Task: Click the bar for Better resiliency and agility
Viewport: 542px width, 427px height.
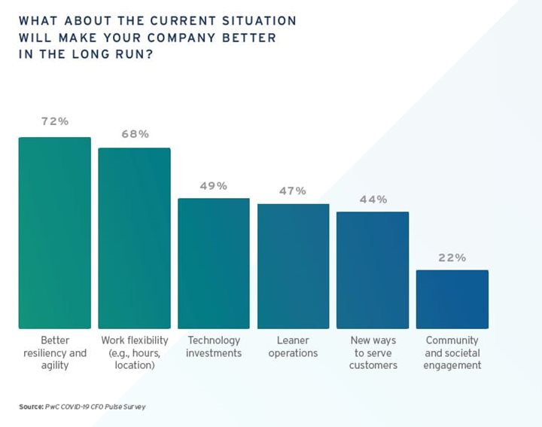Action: coord(54,233)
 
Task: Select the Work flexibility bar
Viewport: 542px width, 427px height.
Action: coord(134,238)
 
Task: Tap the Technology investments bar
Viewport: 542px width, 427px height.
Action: coord(213,264)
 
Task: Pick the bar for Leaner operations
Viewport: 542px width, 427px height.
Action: coord(293,266)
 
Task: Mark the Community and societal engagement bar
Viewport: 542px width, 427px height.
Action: coord(452,299)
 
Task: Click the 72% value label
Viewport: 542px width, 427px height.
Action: coord(54,120)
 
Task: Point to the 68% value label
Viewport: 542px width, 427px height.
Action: coord(135,134)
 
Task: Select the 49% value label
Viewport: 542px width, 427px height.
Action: coord(213,185)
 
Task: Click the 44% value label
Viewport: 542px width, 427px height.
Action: coord(373,200)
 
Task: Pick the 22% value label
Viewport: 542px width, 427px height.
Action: coord(452,258)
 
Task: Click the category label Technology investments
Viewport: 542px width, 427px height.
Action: coord(214,346)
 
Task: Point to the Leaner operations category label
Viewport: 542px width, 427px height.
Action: coord(293,346)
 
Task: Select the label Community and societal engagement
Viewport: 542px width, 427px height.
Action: coord(452,352)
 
